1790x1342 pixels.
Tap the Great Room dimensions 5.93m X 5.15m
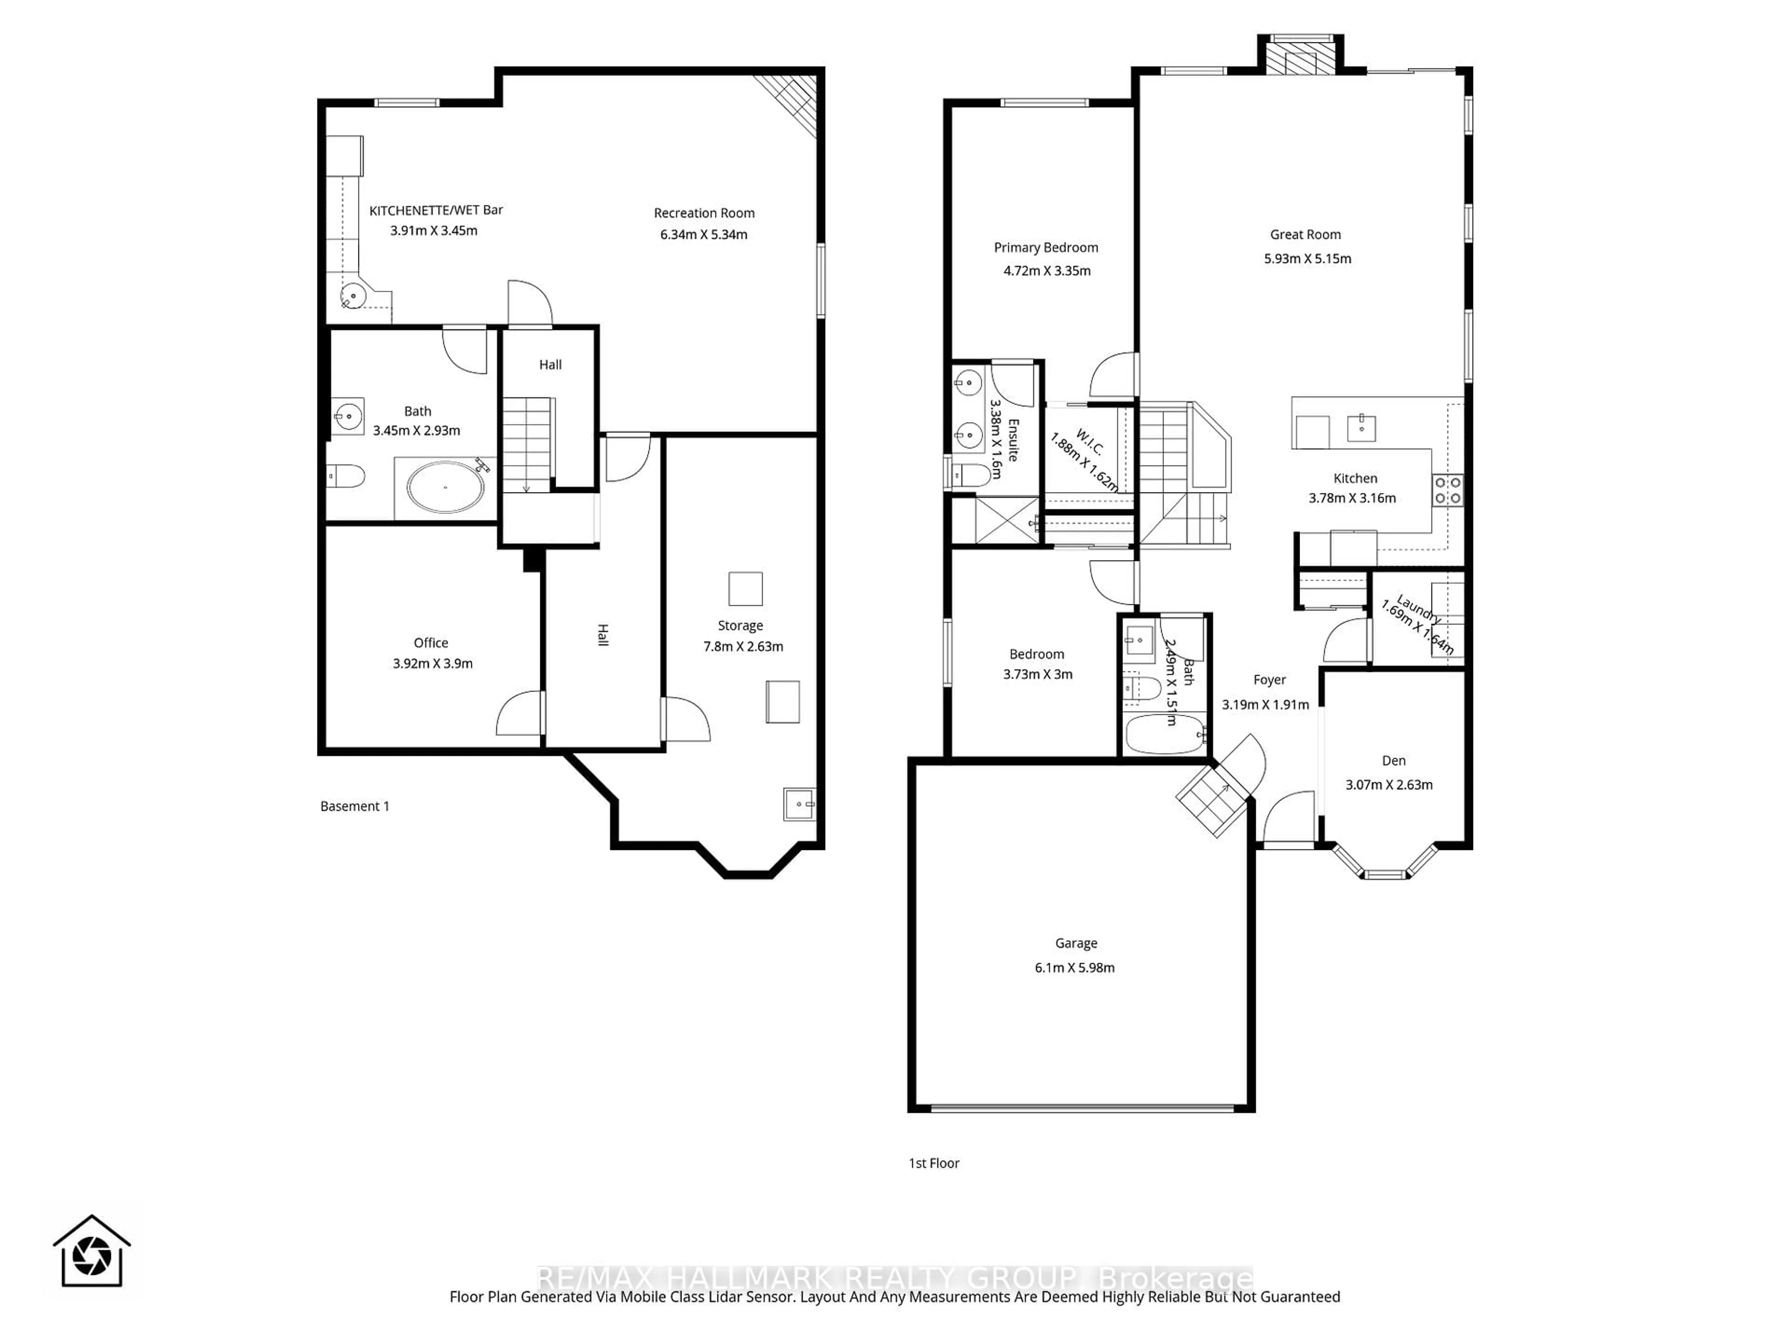point(1307,259)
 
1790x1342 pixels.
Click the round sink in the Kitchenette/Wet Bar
point(353,296)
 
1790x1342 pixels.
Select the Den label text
point(1393,760)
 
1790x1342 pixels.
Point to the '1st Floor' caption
point(933,1163)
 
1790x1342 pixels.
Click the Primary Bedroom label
point(1046,247)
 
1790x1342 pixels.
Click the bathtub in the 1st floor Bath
point(1163,735)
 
